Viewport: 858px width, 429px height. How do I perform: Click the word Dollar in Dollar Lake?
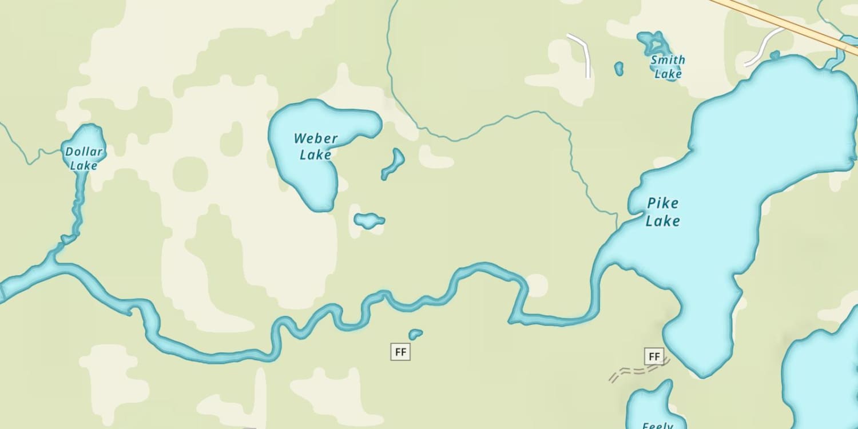[84, 152]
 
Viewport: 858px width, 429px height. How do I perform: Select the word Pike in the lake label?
[663, 203]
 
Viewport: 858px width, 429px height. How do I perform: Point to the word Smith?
[668, 60]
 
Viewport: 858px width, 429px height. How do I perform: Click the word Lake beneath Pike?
[663, 221]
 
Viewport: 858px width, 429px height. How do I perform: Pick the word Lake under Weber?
[315, 155]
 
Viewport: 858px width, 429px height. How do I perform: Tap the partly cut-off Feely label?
[657, 425]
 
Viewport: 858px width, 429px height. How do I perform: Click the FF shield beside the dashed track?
[654, 357]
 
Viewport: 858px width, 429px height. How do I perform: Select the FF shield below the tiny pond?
[400, 352]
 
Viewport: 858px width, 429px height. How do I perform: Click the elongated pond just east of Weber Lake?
[394, 164]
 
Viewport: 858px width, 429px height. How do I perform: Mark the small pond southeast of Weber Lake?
[368, 220]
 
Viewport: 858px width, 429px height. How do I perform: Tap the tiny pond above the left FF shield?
[415, 333]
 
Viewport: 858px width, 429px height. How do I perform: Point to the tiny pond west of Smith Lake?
[618, 69]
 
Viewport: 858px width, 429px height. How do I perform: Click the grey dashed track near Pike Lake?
[635, 372]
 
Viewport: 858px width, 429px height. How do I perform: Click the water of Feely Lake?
[652, 403]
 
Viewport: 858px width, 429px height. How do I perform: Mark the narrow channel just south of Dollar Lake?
[78, 200]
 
